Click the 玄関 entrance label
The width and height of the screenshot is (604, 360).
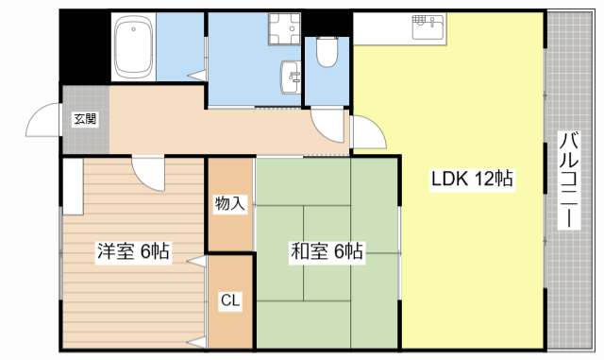(85, 119)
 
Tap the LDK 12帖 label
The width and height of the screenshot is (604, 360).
(472, 179)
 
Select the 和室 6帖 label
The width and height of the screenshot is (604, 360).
(327, 251)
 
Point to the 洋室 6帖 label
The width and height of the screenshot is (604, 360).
(133, 251)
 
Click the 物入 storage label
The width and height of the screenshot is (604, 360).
(230, 203)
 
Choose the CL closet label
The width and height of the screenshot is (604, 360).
(230, 300)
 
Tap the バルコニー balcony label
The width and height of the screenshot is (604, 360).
(569, 180)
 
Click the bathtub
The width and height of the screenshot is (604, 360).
(134, 47)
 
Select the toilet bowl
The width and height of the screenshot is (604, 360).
(327, 52)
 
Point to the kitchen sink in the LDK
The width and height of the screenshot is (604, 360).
(428, 26)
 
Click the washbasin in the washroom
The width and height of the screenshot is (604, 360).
(291, 77)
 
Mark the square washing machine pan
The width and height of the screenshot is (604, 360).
(284, 29)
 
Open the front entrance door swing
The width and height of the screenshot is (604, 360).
(43, 120)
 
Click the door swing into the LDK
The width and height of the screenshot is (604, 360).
(369, 132)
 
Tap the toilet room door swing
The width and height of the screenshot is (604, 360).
(327, 126)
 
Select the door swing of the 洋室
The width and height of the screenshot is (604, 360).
(148, 173)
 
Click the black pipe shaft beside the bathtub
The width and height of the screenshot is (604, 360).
(85, 46)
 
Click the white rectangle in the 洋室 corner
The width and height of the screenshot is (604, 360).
(73, 186)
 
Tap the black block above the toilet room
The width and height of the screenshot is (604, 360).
(327, 24)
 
